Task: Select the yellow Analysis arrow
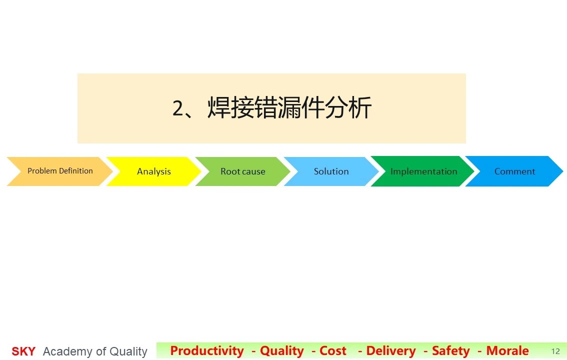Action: (x=153, y=171)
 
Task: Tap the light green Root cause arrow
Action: (x=242, y=171)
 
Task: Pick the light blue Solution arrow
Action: (x=331, y=171)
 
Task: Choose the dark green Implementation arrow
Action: (x=423, y=171)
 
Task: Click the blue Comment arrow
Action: (x=514, y=171)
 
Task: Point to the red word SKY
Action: (x=23, y=351)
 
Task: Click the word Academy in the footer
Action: (x=67, y=351)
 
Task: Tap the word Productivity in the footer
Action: (x=207, y=350)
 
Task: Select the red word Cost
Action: (x=332, y=350)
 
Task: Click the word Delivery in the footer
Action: (x=391, y=350)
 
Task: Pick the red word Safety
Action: (x=451, y=350)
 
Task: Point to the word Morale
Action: (x=507, y=350)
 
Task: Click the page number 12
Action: (x=555, y=351)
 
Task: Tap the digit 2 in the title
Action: (x=178, y=108)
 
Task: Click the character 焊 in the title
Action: (x=219, y=107)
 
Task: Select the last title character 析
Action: (x=360, y=107)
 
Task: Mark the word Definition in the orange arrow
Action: (x=76, y=170)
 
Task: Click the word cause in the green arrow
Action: (x=253, y=171)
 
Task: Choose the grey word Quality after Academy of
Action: (x=128, y=351)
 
